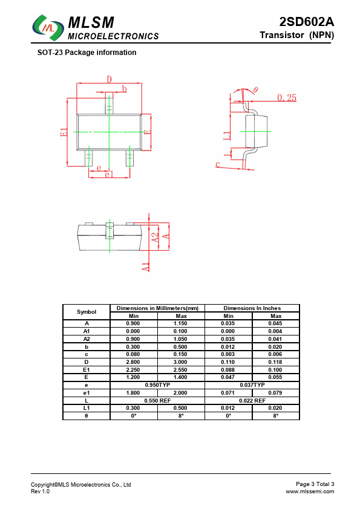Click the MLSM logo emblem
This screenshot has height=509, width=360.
tap(48, 28)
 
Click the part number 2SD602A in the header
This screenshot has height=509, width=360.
tap(306, 22)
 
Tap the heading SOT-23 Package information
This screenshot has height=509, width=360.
tap(87, 53)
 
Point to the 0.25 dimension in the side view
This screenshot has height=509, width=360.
tap(287, 97)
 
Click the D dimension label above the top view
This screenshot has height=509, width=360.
tap(109, 79)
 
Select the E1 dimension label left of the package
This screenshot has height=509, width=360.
tap(64, 132)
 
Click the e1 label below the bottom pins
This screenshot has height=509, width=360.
tap(109, 174)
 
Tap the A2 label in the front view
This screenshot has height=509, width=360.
tap(155, 238)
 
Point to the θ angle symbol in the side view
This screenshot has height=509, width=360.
tap(256, 89)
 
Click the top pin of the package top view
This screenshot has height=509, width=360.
tap(109, 103)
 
